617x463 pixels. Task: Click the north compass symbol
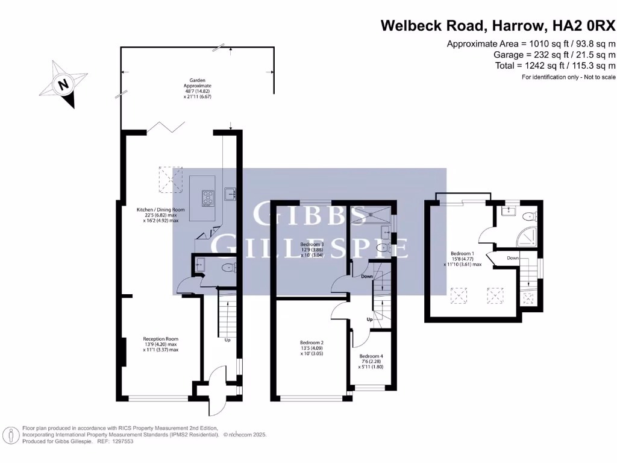(63, 84)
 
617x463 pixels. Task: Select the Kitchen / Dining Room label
(160, 215)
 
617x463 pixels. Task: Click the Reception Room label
(160, 344)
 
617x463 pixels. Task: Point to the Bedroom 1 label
(463, 259)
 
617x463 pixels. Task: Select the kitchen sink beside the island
(230, 193)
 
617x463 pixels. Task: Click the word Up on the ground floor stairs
(227, 340)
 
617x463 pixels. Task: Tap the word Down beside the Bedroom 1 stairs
(513, 258)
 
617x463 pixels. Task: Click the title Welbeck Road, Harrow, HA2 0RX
(498, 25)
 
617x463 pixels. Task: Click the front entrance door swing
(215, 392)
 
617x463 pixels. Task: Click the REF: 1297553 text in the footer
(115, 441)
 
